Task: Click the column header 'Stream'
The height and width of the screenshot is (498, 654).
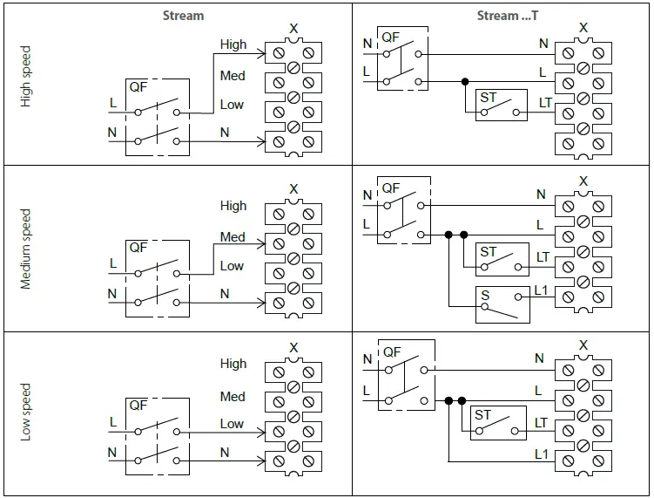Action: point(183,16)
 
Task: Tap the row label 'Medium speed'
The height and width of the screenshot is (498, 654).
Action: point(25,249)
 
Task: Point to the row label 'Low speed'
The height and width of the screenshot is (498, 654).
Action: point(25,411)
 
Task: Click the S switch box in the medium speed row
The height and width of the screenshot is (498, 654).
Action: point(502,304)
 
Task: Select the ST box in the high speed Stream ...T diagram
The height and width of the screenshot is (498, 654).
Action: point(502,106)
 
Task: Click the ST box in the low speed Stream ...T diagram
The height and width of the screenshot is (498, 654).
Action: point(496,423)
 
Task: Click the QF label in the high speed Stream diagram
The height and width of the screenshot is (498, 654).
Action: point(138,87)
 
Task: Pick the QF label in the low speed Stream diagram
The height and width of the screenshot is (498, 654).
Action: point(138,406)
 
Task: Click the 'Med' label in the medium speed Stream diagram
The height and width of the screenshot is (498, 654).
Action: point(233,236)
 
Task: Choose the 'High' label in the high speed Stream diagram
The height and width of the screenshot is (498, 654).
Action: point(233,44)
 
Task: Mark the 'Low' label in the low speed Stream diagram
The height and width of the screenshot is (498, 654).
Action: point(232,423)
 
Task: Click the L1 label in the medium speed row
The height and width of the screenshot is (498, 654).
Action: point(541,290)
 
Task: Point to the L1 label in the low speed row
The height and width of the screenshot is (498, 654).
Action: point(541,454)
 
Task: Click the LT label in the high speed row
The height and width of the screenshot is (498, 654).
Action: point(545,103)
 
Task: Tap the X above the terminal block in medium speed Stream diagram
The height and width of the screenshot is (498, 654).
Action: point(293,189)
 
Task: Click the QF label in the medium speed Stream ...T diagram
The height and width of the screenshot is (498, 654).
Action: point(391,188)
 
